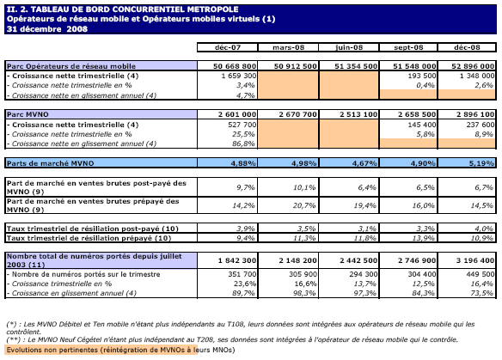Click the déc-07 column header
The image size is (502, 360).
click(x=227, y=47)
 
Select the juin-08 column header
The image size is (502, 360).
click(x=349, y=47)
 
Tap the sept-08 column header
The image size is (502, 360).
click(x=408, y=47)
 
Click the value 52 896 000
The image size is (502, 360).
click(x=473, y=66)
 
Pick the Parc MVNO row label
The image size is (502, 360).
click(x=28, y=114)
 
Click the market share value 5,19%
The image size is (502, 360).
click(x=481, y=163)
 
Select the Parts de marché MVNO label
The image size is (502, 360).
click(x=50, y=163)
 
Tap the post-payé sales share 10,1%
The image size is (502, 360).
click(x=304, y=187)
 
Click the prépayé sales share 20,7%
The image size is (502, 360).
click(x=304, y=205)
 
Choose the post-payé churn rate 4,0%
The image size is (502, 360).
click(x=483, y=229)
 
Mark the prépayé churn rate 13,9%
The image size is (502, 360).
click(x=423, y=238)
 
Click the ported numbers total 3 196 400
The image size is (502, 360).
click(x=475, y=260)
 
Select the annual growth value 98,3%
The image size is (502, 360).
click(x=305, y=293)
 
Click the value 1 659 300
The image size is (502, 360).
click(x=238, y=76)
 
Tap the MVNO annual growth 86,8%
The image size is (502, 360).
click(x=243, y=143)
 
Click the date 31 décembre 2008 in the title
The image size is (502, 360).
click(x=47, y=29)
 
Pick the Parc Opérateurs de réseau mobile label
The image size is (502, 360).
click(x=71, y=66)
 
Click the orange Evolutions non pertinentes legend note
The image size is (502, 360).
click(x=120, y=350)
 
